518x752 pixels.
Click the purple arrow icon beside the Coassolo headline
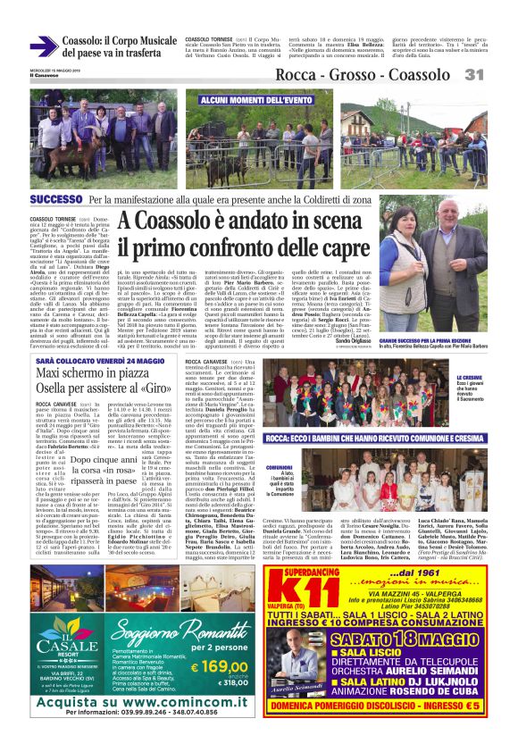44,46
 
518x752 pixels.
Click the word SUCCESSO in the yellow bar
56,199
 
